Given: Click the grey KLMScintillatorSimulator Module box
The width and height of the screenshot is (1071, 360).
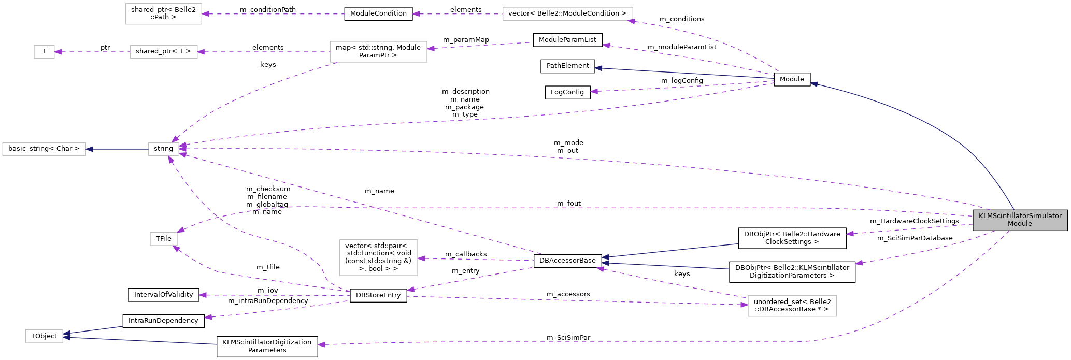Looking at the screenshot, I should click(1020, 220).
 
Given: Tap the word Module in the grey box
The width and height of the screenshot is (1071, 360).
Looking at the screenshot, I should click(1020, 224).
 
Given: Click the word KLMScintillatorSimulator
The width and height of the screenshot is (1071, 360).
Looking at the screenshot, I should click(1020, 215).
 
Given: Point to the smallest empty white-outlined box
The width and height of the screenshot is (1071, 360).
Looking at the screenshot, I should click(44, 52).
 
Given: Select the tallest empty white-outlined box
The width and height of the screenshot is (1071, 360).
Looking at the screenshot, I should click(378, 257).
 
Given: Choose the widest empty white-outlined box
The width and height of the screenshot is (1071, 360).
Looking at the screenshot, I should click(567, 14).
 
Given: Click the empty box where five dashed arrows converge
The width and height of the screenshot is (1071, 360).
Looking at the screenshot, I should click(164, 149).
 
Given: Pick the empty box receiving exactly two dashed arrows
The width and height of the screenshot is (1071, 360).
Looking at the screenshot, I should click(164, 239).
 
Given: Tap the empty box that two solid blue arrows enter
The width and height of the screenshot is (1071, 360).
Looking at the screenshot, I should click(44, 336).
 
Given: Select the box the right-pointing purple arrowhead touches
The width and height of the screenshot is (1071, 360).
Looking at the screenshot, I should click(792, 306).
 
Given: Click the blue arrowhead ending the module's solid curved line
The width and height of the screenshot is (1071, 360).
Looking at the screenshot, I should click(814, 84).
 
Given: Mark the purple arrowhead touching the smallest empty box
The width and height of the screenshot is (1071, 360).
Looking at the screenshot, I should click(58, 52).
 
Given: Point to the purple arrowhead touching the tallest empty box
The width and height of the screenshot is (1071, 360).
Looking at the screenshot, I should click(421, 258).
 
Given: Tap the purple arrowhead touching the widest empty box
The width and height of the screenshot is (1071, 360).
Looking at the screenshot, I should click(631, 21).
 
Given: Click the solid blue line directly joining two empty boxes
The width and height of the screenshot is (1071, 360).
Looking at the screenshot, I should click(117, 149).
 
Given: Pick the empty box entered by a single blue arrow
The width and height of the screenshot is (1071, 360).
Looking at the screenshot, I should click(44, 149).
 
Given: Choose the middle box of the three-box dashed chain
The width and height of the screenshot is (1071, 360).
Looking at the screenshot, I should click(164, 52).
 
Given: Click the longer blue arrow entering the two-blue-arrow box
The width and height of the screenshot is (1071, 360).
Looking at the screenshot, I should click(140, 341).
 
